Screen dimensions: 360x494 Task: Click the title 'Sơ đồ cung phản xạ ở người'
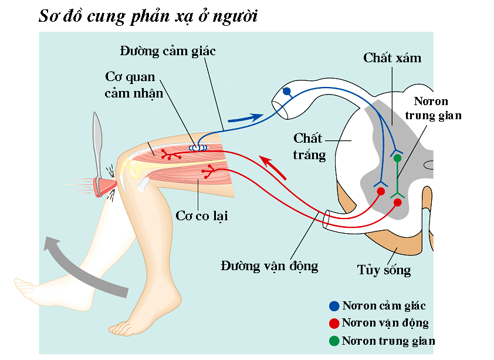tap(148, 16)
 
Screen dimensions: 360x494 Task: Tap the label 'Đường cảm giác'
tap(168, 51)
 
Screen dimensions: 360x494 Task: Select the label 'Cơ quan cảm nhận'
tap(130, 85)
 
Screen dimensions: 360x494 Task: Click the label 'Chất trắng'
tap(309, 146)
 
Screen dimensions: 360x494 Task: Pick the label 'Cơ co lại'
tap(202, 216)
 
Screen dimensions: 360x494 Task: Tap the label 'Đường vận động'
tap(269, 266)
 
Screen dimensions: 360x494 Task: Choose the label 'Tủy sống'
tap(384, 270)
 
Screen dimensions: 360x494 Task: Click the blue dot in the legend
tap(334, 306)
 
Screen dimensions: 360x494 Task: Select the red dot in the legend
tap(334, 323)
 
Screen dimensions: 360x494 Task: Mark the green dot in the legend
tap(334, 341)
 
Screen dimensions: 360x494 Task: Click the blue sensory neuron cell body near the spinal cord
tap(287, 92)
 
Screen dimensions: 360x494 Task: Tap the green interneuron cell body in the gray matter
tap(397, 157)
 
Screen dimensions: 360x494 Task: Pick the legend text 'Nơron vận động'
tap(385, 323)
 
